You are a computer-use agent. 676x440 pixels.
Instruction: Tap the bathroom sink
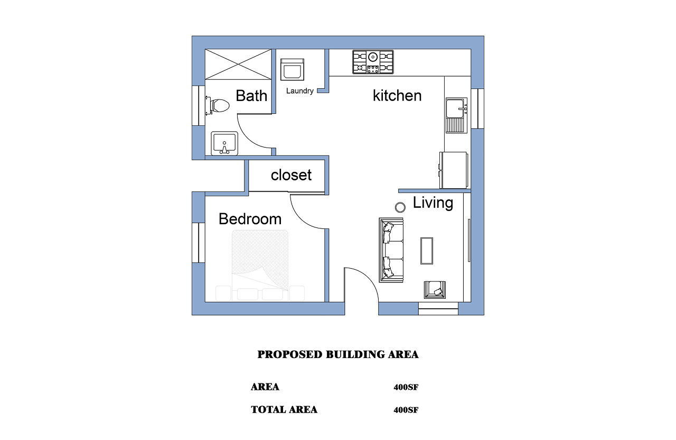pos(224,143)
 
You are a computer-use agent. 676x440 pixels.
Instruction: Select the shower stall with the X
pos(238,65)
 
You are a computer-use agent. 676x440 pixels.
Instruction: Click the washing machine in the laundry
pos(292,69)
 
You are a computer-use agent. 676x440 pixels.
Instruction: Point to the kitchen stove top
pos(373,62)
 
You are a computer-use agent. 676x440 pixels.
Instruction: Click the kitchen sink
pos(457,115)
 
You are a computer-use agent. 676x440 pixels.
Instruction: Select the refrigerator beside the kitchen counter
pos(454,170)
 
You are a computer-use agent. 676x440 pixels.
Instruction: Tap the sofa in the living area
pos(391,250)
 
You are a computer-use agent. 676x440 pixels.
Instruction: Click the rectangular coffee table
pos(427,251)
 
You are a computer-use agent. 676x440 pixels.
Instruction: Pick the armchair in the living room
pos(435,289)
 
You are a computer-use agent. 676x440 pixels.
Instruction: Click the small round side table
pos(400,207)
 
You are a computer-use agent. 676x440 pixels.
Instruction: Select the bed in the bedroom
pos(260,265)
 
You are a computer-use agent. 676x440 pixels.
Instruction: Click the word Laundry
pos(299,91)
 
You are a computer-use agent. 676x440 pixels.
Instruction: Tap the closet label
pos(291,175)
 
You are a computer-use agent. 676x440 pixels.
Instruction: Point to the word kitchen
pos(397,96)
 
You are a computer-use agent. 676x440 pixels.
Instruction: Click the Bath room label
pos(251,96)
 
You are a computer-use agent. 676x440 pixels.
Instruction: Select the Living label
pos(433,203)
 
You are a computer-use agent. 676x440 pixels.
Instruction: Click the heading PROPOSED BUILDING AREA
pos(337,354)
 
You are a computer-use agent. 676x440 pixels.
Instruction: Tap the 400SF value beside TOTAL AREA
pos(406,410)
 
